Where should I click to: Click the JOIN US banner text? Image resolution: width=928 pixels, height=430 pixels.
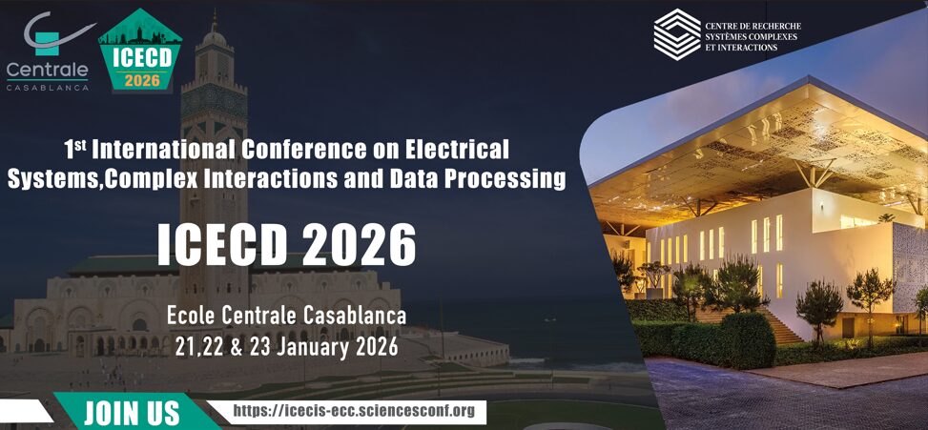pos(131,413)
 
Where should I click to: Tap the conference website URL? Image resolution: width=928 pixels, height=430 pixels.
pos(354,411)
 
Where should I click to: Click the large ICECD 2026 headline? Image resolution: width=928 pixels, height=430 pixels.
pos(286,244)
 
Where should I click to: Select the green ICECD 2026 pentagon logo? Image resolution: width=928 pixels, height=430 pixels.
pos(140,51)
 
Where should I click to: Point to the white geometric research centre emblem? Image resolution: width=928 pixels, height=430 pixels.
pos(676,34)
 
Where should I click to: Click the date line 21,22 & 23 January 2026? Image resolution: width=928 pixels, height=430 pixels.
pos(286,347)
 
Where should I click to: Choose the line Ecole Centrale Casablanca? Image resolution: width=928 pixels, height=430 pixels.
pos(286,316)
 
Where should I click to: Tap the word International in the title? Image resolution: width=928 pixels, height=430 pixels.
pos(163,150)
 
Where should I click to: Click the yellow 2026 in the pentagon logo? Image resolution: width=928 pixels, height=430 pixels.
pos(142,80)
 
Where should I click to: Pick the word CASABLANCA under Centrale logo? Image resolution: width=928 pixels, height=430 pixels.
pos(48,88)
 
